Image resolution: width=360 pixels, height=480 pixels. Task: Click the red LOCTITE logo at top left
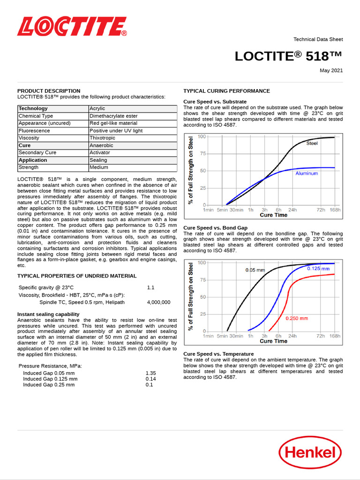pyautogui.click(x=72, y=27)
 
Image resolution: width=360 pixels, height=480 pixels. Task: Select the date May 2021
pyautogui.click(x=331, y=71)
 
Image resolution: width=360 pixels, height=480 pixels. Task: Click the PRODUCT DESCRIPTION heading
pyautogui.click(x=49, y=91)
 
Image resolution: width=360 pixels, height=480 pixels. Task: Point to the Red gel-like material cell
pyautogui.click(x=113, y=123)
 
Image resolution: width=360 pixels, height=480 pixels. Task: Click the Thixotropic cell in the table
pyautogui.click(x=102, y=138)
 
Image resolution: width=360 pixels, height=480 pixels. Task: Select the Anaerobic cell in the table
pyautogui.click(x=101, y=145)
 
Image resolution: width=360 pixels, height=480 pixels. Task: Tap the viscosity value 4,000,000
pyautogui.click(x=158, y=302)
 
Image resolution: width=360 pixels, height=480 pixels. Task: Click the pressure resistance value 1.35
pyautogui.click(x=150, y=373)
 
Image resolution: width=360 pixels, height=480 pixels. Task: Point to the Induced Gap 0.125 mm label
pyautogui.click(x=50, y=379)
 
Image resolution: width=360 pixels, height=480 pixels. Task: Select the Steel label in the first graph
pyautogui.click(x=312, y=143)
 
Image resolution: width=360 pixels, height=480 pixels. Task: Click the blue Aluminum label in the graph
pyautogui.click(x=307, y=173)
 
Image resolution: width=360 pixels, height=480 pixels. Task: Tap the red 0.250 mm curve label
pyautogui.click(x=297, y=318)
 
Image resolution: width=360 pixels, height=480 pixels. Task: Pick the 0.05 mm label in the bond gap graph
pyautogui.click(x=255, y=270)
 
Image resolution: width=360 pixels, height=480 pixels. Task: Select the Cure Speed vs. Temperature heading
pyautogui.click(x=218, y=354)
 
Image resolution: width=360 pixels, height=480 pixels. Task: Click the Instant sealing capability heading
pyautogui.click(x=48, y=314)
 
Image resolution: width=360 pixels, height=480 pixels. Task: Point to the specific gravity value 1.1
pyautogui.click(x=150, y=287)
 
